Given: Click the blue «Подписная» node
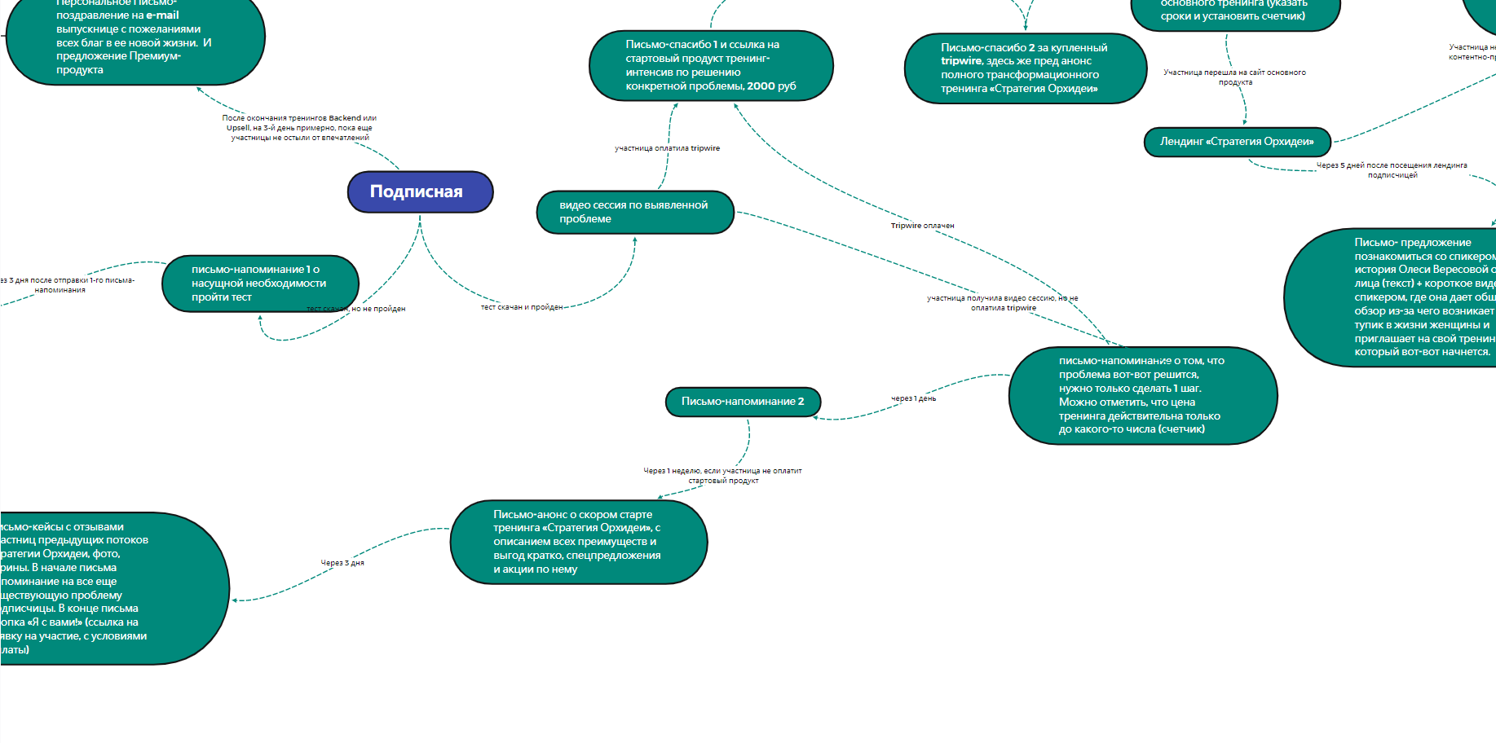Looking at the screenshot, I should point(420,192).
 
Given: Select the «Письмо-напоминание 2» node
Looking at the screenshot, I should point(743,402).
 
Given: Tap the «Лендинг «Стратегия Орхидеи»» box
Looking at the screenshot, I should point(1237,142).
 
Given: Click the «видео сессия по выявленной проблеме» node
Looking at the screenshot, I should point(635,212).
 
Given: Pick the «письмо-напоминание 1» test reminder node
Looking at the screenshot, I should point(260,284).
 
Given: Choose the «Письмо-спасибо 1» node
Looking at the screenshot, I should point(711,65).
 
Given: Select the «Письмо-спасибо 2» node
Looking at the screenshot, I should point(1025,68).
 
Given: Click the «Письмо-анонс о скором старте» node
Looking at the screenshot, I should point(578,542).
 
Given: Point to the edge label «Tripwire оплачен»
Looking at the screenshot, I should point(922,226).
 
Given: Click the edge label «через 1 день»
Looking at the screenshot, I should point(913,398).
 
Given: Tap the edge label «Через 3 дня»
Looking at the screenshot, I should point(342,563).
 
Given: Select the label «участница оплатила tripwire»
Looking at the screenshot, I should point(667,148).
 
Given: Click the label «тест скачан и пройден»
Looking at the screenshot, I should point(522,307).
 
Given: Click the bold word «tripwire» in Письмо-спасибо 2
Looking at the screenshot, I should point(961,61).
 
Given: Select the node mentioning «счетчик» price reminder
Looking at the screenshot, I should point(1142,395).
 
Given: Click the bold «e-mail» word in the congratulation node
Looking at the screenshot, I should point(162,15).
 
